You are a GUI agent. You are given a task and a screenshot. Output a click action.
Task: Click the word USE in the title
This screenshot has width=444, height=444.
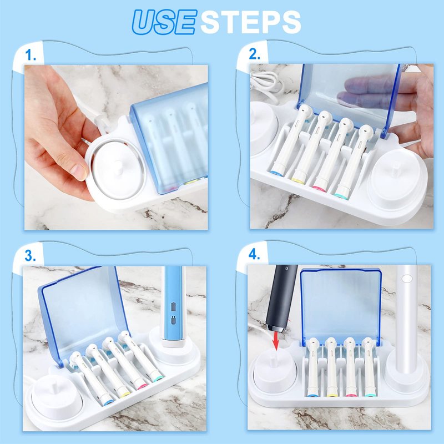click(x=164, y=22)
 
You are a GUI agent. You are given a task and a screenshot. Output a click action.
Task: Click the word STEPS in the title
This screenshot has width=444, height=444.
click(x=251, y=22)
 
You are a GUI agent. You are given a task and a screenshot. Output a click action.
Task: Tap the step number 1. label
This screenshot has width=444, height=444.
click(x=31, y=55)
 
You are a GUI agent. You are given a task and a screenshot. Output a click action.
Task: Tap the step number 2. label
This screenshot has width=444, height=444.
click(x=254, y=54)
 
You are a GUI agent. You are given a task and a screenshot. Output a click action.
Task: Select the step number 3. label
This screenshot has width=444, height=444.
click(x=31, y=255)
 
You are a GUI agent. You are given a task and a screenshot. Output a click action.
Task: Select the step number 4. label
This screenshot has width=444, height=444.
click(x=254, y=255)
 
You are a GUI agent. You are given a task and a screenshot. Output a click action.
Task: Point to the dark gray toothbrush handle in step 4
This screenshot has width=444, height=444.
click(x=281, y=298)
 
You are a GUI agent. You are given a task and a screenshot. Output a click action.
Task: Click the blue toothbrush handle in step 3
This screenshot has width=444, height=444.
click(x=173, y=306)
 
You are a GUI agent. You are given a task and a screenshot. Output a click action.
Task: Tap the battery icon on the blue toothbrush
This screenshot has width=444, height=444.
click(x=173, y=306)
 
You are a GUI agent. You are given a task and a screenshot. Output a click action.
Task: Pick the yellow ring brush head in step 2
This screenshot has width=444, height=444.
click(x=310, y=147)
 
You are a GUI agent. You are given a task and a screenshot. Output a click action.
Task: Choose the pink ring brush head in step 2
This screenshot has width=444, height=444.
click(x=332, y=154)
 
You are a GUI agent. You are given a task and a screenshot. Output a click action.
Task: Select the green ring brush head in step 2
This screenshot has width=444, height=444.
click(x=352, y=162)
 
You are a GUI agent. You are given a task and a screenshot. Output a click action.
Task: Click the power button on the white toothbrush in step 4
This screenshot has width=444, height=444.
click(x=407, y=279)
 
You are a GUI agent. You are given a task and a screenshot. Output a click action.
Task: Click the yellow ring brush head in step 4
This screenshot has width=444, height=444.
click(x=330, y=367)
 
